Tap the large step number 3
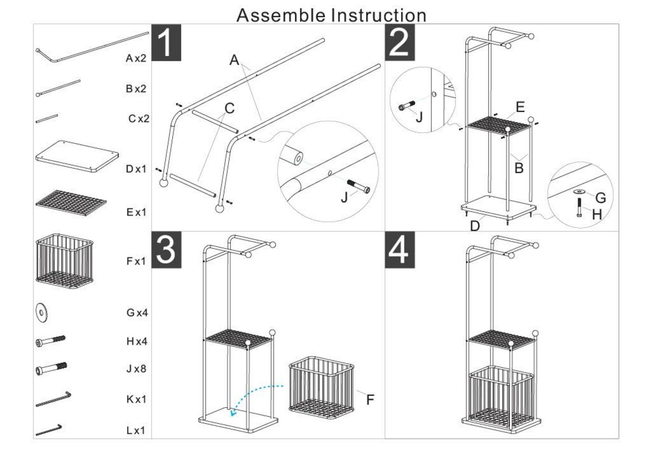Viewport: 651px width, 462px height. coord(166,249)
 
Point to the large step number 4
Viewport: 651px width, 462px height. coord(399,249)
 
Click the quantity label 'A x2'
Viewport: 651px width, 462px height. coord(136,58)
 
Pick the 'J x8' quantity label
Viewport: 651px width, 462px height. coord(136,369)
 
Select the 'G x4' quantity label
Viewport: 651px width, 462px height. coord(137,313)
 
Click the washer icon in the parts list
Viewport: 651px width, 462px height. coord(42,312)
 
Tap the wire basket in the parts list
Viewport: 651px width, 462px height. coord(65,261)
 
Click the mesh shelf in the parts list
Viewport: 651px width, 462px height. coord(71,203)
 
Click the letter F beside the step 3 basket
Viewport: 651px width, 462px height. coord(370,400)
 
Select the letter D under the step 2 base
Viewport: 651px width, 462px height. coord(474,226)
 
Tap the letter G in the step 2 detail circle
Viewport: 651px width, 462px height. coord(600,198)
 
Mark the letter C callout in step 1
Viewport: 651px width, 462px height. coord(229,108)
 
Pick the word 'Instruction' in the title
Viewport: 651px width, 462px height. coord(379,15)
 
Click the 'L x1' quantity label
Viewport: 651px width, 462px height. coord(136,430)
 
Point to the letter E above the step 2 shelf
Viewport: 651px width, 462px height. coord(519,107)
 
